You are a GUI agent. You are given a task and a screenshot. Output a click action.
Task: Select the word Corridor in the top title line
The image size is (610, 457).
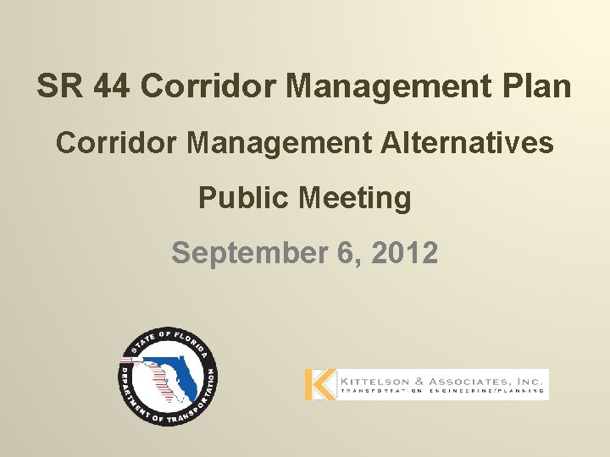click(208, 85)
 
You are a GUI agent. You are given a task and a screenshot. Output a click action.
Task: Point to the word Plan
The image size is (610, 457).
click(539, 85)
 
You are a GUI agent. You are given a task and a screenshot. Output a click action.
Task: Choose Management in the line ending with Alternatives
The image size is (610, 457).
click(280, 143)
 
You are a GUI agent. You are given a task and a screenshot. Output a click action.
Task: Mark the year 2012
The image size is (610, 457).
click(406, 253)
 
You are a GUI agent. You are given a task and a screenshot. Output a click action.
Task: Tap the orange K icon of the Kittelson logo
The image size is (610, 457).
click(320, 385)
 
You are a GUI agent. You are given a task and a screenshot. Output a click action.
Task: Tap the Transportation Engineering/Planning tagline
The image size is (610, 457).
click(441, 392)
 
